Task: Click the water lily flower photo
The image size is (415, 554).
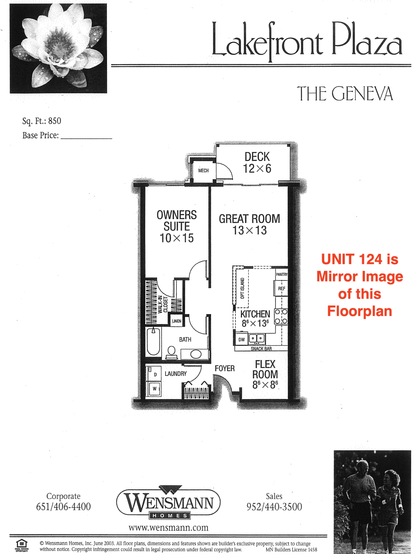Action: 58,49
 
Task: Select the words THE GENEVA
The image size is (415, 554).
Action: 345,94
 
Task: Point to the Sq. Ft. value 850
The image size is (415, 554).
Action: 55,121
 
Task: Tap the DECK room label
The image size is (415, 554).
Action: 257,157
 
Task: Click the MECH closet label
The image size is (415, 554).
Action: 203,171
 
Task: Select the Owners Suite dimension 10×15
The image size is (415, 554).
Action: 177,238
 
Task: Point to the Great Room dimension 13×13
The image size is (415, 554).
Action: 250,231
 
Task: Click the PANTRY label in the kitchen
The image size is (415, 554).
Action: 281,275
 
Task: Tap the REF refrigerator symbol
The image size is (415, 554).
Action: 281,289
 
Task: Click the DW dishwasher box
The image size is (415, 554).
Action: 241,340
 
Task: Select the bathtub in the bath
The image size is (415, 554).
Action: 154,341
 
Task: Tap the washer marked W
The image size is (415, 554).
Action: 155,389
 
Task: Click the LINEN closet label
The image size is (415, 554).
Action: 176,321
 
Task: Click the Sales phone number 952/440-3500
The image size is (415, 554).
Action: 274,507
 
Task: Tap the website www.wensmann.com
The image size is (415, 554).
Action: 168,528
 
